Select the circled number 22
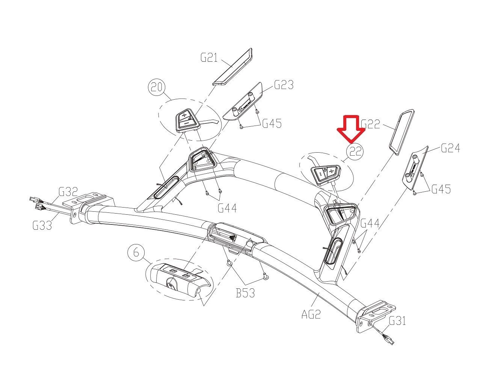click(x=355, y=152)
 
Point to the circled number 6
click(x=136, y=252)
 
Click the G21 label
click(x=209, y=58)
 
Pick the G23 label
click(x=284, y=85)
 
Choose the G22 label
click(x=371, y=124)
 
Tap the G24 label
click(x=450, y=148)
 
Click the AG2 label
click(x=311, y=314)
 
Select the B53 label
click(x=245, y=293)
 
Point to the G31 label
click(x=397, y=320)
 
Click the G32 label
click(x=68, y=192)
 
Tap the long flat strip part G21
click(x=232, y=67)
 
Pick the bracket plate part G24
click(x=415, y=168)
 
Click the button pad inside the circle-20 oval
click(x=187, y=120)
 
